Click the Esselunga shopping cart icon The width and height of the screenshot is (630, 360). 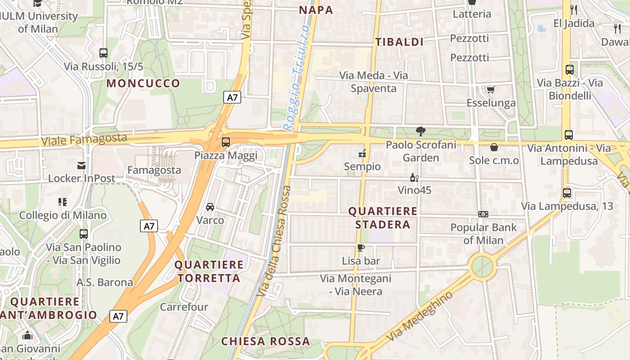click(x=491, y=90)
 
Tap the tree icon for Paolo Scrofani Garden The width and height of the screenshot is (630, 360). click(x=421, y=131)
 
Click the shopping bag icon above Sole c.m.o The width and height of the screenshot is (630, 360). click(x=494, y=147)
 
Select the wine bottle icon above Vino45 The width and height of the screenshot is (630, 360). click(x=414, y=177)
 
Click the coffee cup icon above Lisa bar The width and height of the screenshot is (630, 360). click(x=360, y=247)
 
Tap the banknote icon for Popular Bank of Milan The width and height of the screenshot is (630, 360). click(x=483, y=214)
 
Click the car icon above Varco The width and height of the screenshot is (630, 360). click(x=210, y=207)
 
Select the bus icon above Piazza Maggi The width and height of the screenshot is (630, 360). click(x=226, y=142)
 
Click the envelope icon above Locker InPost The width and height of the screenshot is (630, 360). click(x=81, y=165)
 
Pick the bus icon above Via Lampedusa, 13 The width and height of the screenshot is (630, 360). click(x=567, y=193)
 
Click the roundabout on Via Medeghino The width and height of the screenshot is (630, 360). click(x=482, y=266)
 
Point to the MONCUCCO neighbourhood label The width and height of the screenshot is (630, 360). click(x=143, y=83)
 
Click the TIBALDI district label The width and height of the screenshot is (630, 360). click(x=400, y=42)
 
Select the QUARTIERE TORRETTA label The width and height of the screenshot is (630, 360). click(x=209, y=271)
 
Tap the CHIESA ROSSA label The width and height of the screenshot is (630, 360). click(x=265, y=341)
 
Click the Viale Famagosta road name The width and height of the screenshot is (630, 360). click(x=84, y=140)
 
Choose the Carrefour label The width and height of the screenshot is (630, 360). click(x=184, y=307)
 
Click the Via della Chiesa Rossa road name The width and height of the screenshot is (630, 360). click(x=273, y=241)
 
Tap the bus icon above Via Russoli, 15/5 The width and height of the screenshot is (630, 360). click(x=103, y=53)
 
